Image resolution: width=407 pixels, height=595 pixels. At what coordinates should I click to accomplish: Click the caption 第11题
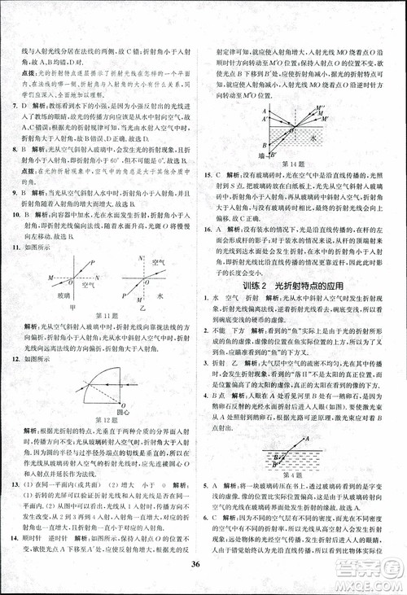108,315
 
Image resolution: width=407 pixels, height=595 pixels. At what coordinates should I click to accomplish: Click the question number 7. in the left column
11,106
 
